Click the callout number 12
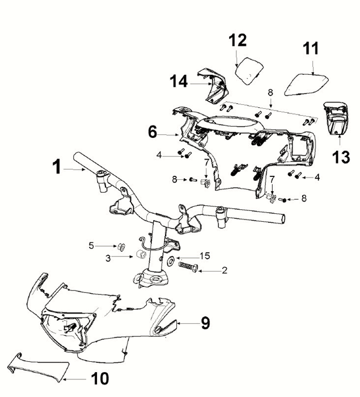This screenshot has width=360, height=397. pyautogui.click(x=238, y=40)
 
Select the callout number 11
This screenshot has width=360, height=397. pyautogui.click(x=311, y=48)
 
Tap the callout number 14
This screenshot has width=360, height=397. pyautogui.click(x=179, y=81)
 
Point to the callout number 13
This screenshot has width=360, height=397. pyautogui.click(x=341, y=157)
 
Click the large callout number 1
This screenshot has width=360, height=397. pyautogui.click(x=57, y=167)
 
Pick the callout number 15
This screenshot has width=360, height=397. pyautogui.click(x=205, y=256)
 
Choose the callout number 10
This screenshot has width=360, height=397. pyautogui.click(x=100, y=378)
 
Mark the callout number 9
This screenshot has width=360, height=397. pyautogui.click(x=205, y=323)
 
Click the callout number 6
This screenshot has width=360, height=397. pyautogui.click(x=153, y=132)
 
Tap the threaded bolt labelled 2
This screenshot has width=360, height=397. pyautogui.click(x=188, y=267)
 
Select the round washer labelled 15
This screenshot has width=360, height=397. pyautogui.click(x=171, y=260)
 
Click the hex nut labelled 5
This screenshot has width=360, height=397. pyautogui.click(x=121, y=246)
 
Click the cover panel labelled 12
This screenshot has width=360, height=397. pyautogui.click(x=249, y=71)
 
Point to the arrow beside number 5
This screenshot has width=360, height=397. pyautogui.click(x=107, y=246)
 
